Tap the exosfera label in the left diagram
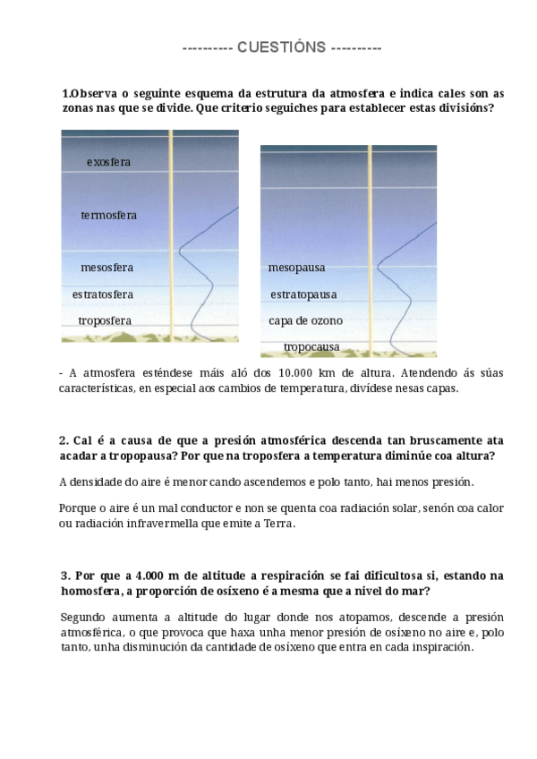tap(109, 162)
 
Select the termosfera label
tap(109, 216)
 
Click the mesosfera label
tap(107, 268)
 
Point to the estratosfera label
tap(103, 294)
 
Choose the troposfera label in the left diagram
tap(105, 320)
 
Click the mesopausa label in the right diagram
tap(296, 268)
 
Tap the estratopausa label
tap(303, 294)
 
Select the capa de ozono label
tap(305, 320)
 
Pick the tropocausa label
tap(311, 346)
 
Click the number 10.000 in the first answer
tap(299, 373)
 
